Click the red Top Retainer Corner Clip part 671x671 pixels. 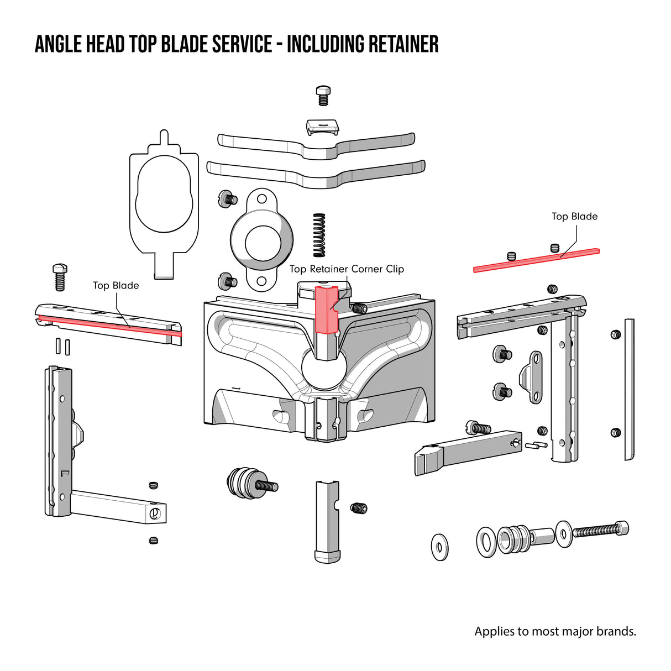326,310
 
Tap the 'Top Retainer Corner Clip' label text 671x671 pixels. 347,269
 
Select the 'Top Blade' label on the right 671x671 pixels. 574,217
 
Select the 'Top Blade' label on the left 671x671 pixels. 116,286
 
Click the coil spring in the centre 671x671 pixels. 319,235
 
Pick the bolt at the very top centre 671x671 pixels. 323,95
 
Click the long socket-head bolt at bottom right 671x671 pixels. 600,530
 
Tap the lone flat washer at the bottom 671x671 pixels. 439,547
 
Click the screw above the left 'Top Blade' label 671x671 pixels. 60,277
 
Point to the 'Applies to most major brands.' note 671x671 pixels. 555,631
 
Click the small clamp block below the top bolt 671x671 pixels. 322,128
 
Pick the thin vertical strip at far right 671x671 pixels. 629,389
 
